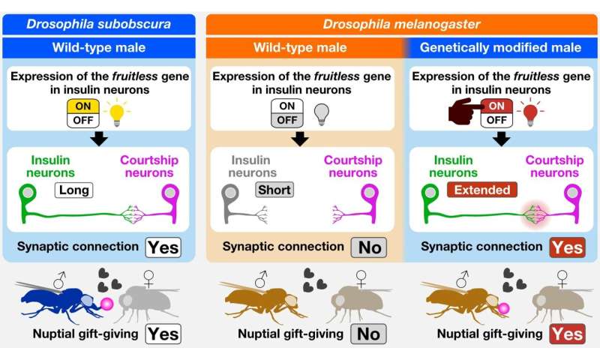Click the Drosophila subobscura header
pos(98,22)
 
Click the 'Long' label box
pos(73,190)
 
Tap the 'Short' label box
pos(274,190)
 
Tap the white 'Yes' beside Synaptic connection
pos(163,246)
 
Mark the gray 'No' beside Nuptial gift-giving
pos(367,334)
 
